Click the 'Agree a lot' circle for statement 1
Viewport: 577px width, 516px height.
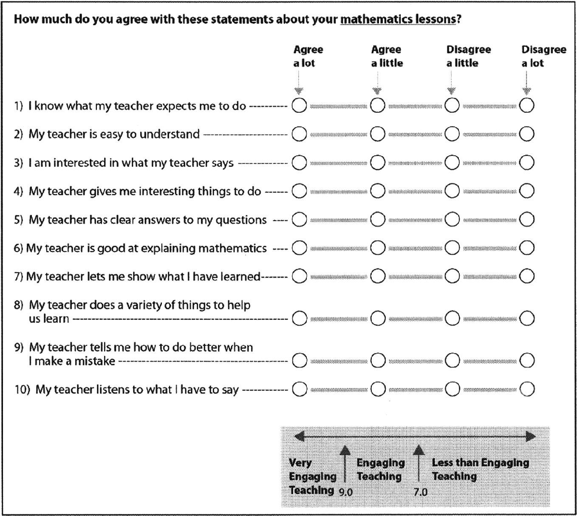299,105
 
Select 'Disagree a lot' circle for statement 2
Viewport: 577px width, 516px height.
526,134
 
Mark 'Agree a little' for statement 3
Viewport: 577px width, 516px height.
377,162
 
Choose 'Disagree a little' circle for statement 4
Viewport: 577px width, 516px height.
452,191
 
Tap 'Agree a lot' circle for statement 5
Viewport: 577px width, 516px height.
299,220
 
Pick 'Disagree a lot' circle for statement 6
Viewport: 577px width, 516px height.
526,248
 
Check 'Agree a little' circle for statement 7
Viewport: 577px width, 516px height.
378,276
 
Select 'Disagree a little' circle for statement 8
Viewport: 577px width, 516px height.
452,318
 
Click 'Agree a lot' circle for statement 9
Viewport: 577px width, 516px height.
300,361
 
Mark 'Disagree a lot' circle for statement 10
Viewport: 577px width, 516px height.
527,389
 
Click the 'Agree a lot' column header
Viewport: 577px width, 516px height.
308,56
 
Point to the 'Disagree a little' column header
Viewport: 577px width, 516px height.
468,56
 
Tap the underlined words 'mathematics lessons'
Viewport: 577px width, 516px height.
398,19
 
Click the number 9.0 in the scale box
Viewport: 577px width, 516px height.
345,492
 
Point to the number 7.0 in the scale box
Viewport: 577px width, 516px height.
420,492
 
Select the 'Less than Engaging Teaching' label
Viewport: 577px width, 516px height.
480,469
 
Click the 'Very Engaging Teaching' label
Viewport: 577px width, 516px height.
312,476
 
